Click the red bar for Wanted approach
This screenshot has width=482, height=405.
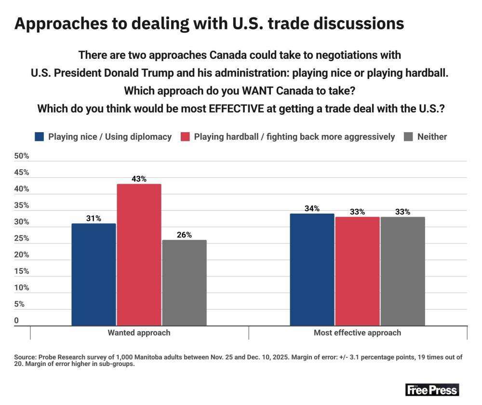pyautogui.click(x=139, y=255)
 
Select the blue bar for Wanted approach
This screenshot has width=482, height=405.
pyautogui.click(x=94, y=274)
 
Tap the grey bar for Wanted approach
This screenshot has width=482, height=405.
pyautogui.click(x=184, y=283)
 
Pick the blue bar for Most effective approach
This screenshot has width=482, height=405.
pyautogui.click(x=312, y=270)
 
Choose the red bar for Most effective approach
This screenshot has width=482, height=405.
pyautogui.click(x=357, y=271)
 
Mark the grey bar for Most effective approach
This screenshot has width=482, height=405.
pyautogui.click(x=402, y=271)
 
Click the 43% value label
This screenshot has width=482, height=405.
pyautogui.click(x=139, y=179)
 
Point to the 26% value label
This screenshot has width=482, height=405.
pyautogui.click(x=184, y=235)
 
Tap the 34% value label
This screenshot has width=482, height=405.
pyautogui.click(x=312, y=208)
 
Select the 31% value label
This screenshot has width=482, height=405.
pyautogui.click(x=94, y=218)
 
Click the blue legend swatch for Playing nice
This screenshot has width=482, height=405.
pyautogui.click(x=40, y=136)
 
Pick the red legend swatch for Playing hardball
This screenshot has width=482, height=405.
pyautogui.click(x=185, y=136)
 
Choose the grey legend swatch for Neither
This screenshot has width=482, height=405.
pyautogui.click(x=408, y=136)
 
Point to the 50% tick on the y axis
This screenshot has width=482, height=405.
pyautogui.click(x=22, y=156)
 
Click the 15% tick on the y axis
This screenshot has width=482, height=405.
pyautogui.click(x=22, y=271)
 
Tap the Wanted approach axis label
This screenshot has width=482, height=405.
pyautogui.click(x=139, y=333)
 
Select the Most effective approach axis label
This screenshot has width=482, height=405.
pyautogui.click(x=357, y=333)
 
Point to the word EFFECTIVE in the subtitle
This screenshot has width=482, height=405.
pyautogui.click(x=236, y=108)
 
